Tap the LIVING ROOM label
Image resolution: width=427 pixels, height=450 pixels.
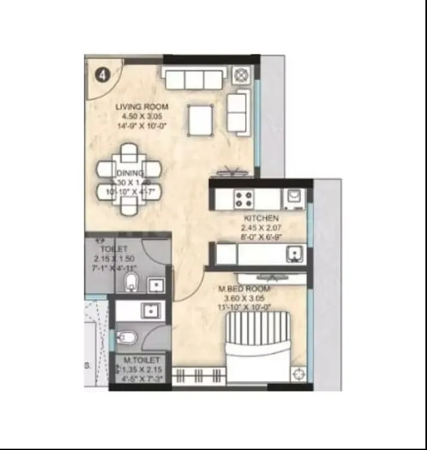click(x=141, y=107)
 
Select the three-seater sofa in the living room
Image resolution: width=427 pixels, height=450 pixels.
click(x=194, y=78)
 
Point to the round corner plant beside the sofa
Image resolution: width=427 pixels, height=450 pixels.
click(x=242, y=75)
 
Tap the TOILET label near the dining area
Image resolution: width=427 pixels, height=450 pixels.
click(x=114, y=248)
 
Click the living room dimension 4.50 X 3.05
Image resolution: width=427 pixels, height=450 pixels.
click(x=141, y=117)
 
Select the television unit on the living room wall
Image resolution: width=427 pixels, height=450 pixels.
click(x=232, y=172)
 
